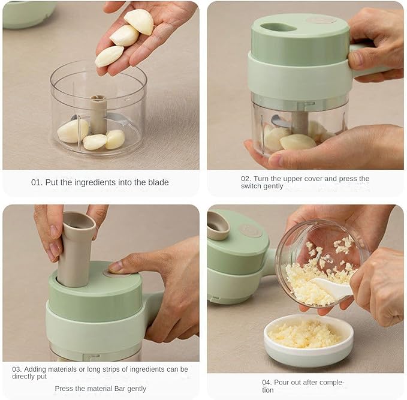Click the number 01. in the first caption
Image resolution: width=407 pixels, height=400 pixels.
click(37, 182)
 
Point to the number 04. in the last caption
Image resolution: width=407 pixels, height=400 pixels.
click(267, 383)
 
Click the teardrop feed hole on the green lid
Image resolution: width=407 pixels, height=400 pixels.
click(276, 27)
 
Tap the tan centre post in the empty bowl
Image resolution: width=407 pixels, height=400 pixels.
click(98, 115)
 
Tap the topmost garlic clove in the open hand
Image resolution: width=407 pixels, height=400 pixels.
click(139, 22)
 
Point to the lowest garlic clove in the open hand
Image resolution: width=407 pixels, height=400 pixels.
click(109, 56)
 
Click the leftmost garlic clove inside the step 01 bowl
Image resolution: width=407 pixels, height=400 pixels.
click(73, 131)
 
